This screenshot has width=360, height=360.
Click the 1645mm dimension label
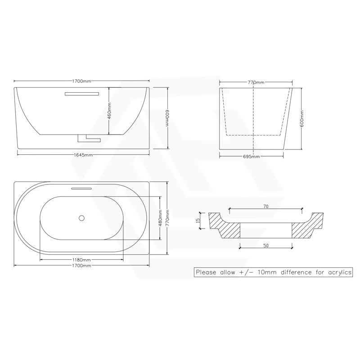coord(84,155)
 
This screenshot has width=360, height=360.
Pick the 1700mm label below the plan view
coord(82,266)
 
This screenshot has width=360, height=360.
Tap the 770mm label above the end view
coord(255,82)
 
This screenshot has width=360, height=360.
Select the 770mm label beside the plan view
coord(167,218)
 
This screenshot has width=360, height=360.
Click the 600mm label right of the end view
coord(302,118)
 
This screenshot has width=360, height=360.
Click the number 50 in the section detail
coord(265,246)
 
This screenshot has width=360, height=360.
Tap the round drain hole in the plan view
coord(81,218)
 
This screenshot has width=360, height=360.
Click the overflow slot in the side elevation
coord(81,94)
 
